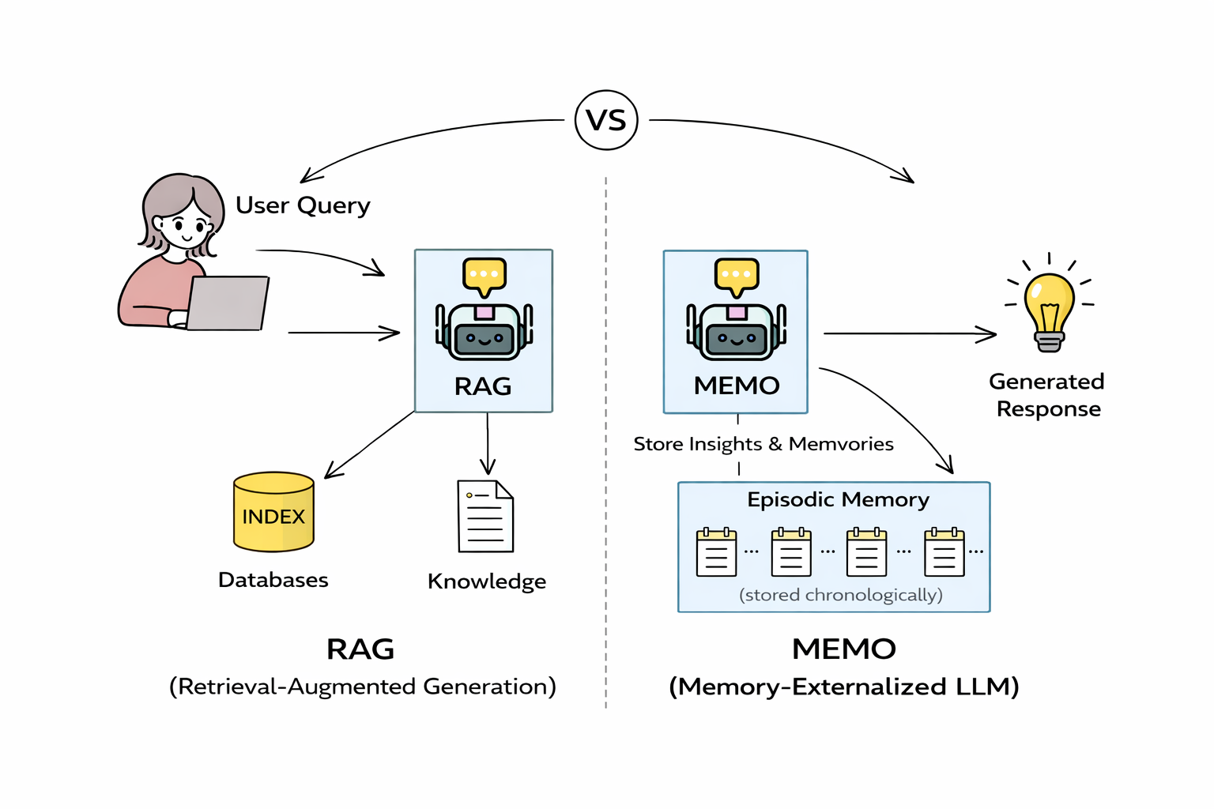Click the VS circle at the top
(x=606, y=120)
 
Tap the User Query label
(x=303, y=205)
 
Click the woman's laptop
(x=227, y=303)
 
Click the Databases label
(x=273, y=580)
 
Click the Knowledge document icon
(x=485, y=517)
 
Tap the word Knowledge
(x=486, y=581)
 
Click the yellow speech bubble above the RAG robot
(x=484, y=275)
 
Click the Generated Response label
(x=1047, y=395)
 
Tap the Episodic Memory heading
(x=838, y=500)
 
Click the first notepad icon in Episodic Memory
(x=716, y=552)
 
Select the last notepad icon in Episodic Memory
(x=944, y=552)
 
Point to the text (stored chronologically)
(x=840, y=595)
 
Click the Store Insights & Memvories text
(x=763, y=444)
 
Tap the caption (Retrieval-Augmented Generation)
(x=362, y=686)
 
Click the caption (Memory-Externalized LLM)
(x=843, y=686)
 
